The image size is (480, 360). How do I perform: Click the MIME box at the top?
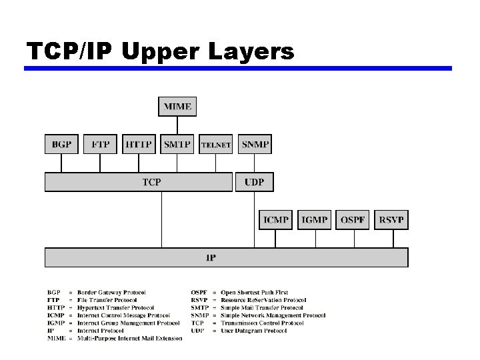(177, 107)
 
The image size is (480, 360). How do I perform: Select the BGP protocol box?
(62, 144)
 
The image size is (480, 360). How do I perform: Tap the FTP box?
(101, 144)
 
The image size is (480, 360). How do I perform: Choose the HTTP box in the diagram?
(139, 144)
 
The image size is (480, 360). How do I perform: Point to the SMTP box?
(177, 144)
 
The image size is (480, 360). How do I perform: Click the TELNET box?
(216, 144)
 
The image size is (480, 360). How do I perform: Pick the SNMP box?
(255, 144)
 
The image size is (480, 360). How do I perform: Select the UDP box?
(254, 181)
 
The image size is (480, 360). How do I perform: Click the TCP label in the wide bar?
(152, 181)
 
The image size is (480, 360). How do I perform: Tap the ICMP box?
(275, 219)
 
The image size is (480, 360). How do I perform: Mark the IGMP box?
(314, 219)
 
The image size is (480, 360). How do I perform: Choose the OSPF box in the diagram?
(353, 219)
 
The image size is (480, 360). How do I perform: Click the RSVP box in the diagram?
(391, 219)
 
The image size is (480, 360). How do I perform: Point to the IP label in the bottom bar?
(210, 257)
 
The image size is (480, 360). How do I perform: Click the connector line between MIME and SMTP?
(177, 125)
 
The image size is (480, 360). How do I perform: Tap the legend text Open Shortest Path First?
(254, 292)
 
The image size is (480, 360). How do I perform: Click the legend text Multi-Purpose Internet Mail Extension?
(129, 339)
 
